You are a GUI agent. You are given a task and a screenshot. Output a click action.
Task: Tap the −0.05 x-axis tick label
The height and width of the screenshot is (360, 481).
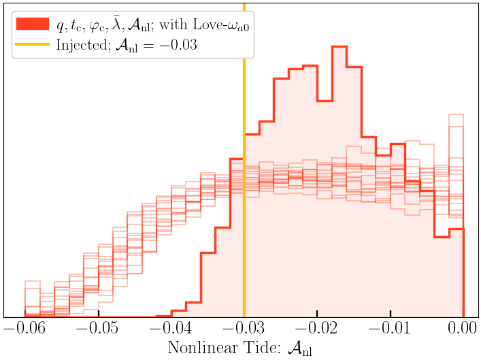tap(99, 328)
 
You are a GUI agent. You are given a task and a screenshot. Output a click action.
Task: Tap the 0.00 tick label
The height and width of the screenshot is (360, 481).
tap(463, 328)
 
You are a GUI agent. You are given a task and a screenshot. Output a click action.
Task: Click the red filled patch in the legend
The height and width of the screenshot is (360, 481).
tap(31, 24)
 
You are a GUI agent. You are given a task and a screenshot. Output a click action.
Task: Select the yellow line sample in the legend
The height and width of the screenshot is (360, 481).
tap(31, 46)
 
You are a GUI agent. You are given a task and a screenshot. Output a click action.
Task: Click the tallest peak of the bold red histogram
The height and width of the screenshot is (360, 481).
tap(339, 47)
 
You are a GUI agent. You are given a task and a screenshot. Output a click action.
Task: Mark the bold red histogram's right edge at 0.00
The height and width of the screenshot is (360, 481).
tap(463, 272)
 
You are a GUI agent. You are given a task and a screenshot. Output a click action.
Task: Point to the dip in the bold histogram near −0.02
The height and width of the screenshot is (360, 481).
tap(324, 101)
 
